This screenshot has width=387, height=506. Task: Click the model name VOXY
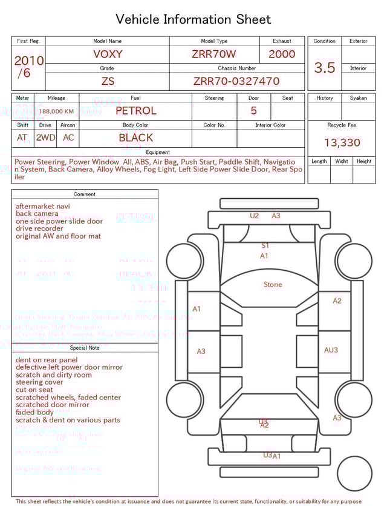click(108, 54)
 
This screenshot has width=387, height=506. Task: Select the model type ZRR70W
click(214, 54)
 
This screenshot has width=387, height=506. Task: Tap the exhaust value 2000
click(282, 54)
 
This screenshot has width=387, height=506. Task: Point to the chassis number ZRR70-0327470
click(236, 81)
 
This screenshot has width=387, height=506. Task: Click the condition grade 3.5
click(325, 68)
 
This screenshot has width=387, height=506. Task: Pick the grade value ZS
click(108, 81)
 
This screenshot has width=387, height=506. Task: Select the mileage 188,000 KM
click(57, 112)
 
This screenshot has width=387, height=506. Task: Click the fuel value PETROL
click(135, 110)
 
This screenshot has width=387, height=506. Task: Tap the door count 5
click(253, 110)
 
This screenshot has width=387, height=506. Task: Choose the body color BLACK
click(135, 138)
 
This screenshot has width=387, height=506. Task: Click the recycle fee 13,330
click(342, 142)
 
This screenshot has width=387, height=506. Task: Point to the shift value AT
click(22, 138)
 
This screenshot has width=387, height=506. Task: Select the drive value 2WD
click(45, 138)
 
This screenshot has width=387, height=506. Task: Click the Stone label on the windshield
click(273, 284)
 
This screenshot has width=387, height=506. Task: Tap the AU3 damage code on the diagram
click(331, 350)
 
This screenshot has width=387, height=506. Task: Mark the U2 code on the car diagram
click(254, 216)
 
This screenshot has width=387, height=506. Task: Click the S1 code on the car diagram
click(265, 245)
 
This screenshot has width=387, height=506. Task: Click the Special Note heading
click(85, 348)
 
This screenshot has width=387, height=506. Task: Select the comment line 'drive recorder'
click(39, 228)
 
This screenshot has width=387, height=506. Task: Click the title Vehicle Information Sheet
click(193, 19)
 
